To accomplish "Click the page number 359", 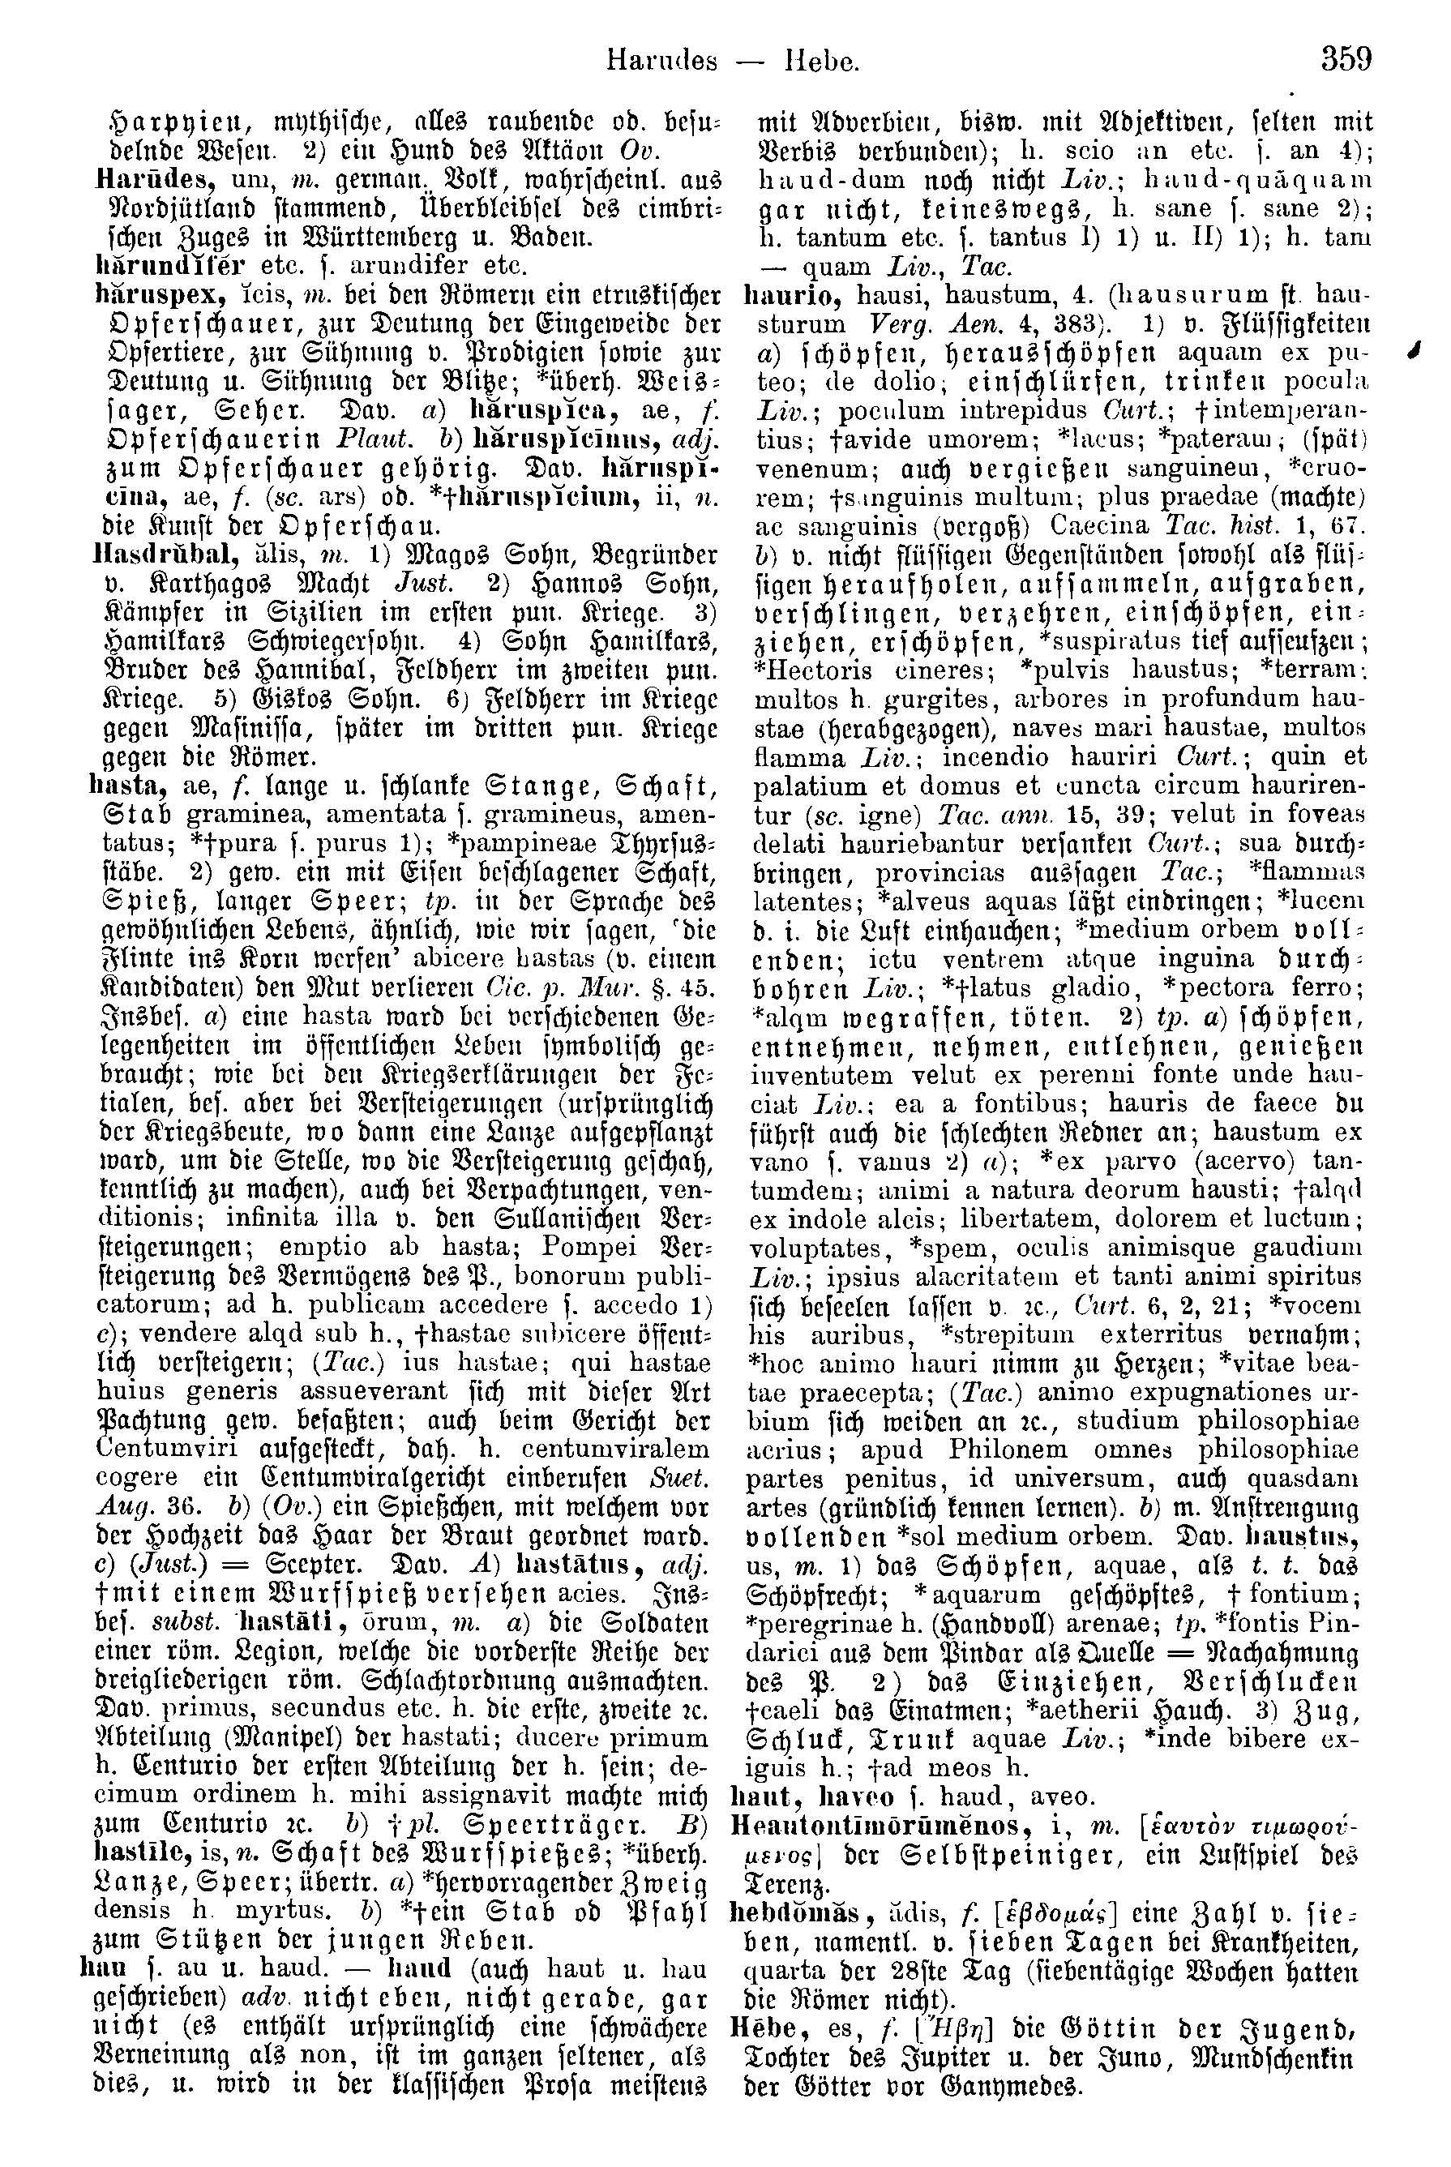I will point(1346,60).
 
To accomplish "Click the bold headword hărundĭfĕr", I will point(170,267).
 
